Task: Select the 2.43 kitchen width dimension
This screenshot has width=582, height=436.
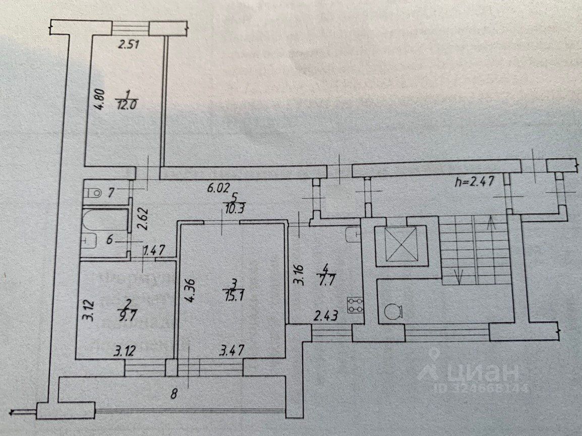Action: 325,317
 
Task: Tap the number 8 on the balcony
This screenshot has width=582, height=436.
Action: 174,395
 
